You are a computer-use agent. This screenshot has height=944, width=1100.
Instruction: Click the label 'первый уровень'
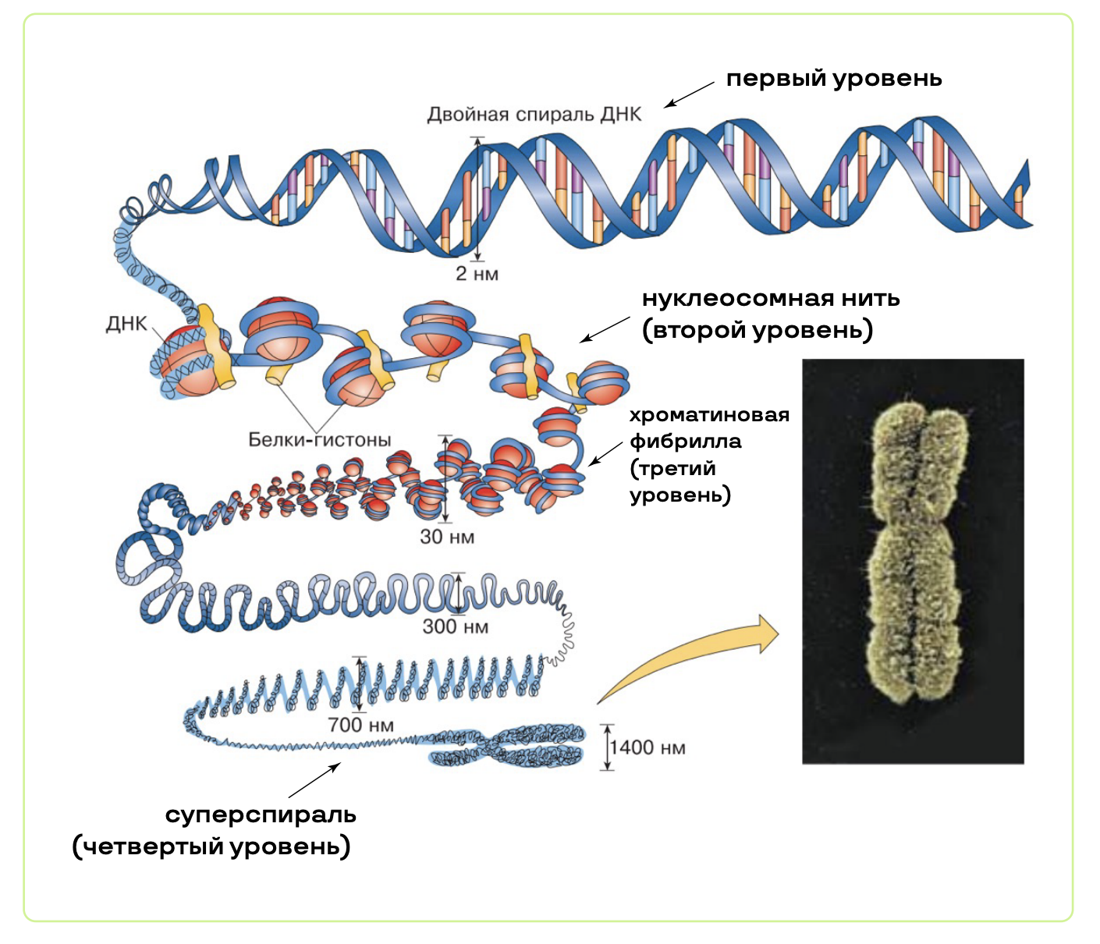point(833,79)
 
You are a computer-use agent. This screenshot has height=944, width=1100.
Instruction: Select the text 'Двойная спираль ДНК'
point(534,115)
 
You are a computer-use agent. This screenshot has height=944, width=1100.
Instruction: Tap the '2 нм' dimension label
point(477,274)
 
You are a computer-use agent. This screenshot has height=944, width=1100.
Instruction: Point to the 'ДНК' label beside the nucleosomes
point(126,324)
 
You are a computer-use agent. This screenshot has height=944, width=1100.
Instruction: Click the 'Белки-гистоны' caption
point(319,440)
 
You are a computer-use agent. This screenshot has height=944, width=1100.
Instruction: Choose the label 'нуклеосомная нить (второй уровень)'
point(770,314)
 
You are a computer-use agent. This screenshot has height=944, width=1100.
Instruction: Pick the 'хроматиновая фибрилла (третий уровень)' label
point(708,455)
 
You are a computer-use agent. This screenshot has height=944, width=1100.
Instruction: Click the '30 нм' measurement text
point(446,537)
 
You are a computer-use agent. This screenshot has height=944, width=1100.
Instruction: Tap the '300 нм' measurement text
point(455,626)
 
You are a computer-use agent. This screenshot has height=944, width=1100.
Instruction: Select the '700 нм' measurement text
point(360,725)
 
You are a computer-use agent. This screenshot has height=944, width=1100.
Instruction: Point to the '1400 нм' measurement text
point(648,748)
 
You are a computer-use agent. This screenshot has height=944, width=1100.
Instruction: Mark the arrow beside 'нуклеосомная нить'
point(605,329)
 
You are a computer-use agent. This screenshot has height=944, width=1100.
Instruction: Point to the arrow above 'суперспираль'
point(314,779)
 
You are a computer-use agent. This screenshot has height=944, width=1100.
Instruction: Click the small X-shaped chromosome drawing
point(507,746)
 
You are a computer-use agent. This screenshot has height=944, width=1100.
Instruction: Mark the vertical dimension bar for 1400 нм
point(607,747)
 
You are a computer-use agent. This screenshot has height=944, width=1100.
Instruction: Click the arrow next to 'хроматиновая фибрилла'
point(605,453)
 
